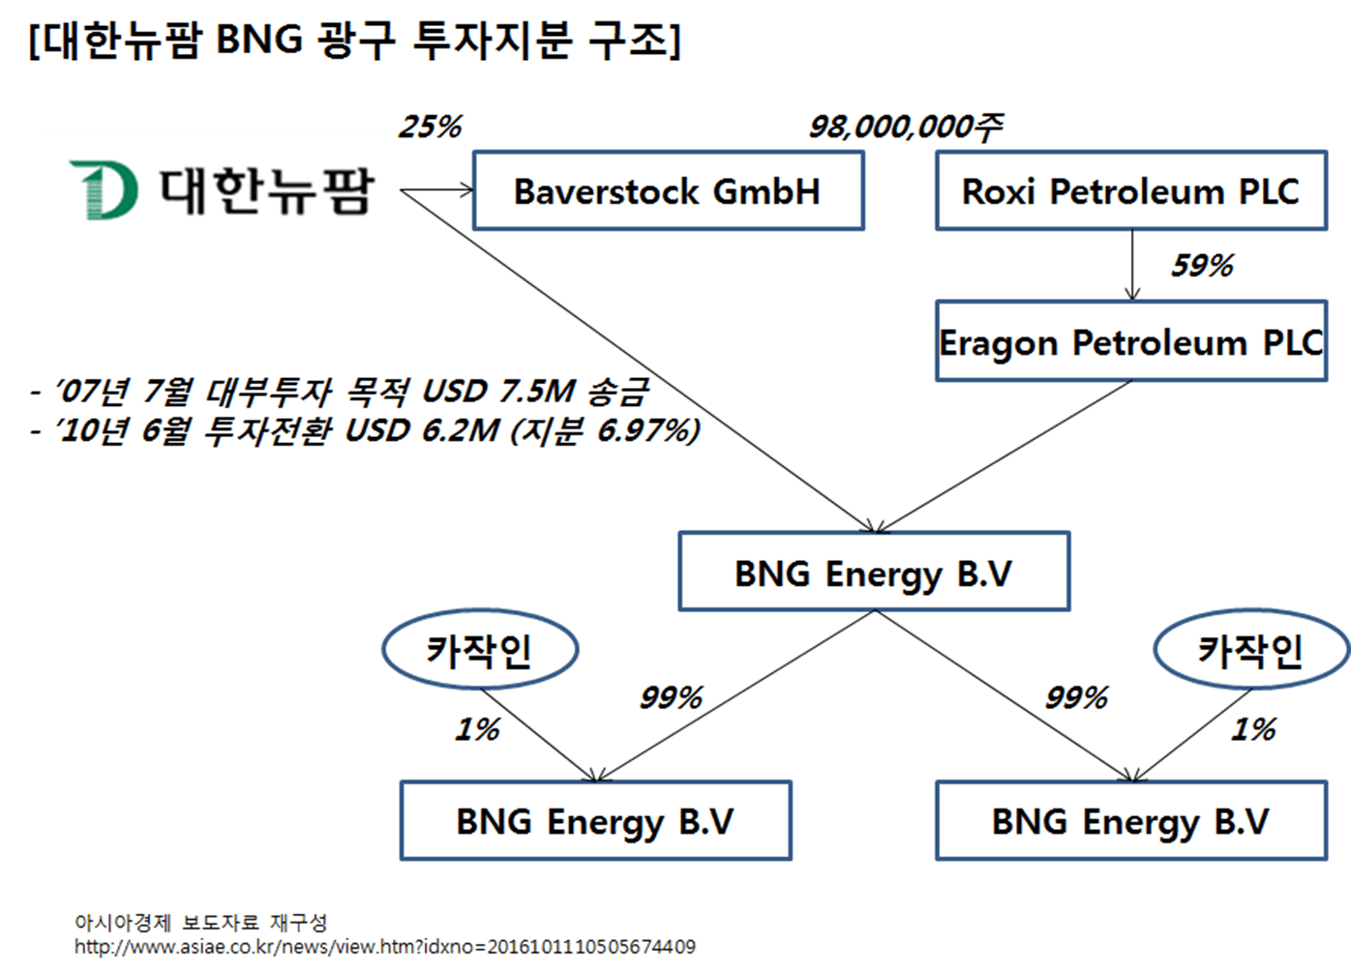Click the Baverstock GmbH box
coord(668,191)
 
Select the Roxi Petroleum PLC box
coord(1130,191)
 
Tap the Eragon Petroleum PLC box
coord(1130,342)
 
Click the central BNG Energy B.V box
coord(874,573)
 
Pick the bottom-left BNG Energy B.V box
coord(595,821)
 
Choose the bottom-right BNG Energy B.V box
coord(1130,821)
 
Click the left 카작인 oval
coord(480,649)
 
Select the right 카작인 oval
coord(1250,649)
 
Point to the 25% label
coord(431,127)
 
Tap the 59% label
coord(1202,266)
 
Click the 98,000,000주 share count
coord(906,127)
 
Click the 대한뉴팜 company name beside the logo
coord(265,190)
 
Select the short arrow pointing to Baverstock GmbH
coord(437,190)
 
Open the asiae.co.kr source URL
coord(385,947)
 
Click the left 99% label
coord(671,697)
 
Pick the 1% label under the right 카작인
coord(1253,729)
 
